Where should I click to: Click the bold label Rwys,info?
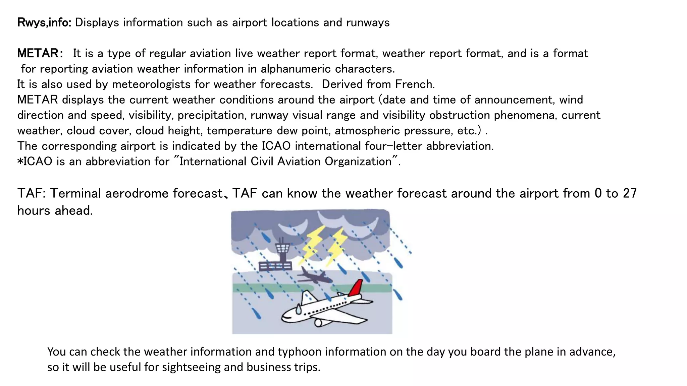click(x=44, y=23)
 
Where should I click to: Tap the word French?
click(x=415, y=84)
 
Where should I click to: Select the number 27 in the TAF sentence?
click(x=630, y=194)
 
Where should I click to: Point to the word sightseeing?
click(x=182, y=367)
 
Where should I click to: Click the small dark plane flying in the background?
click(x=314, y=275)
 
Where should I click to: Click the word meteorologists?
click(x=151, y=84)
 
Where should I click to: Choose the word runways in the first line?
click(x=368, y=23)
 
